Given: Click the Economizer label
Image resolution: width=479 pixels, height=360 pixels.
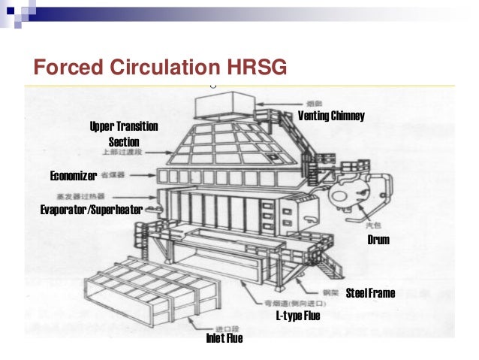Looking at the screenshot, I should click(73, 176).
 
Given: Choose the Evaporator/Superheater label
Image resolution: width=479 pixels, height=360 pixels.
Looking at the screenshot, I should click(91, 210).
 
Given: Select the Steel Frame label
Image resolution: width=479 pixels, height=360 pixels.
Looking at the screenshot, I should click(369, 292).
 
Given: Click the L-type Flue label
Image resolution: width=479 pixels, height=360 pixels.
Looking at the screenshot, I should click(298, 316).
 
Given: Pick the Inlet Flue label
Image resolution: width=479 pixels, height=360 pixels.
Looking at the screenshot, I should click(224, 339).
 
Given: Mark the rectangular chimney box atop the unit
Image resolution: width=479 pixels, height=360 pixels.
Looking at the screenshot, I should click(223, 104).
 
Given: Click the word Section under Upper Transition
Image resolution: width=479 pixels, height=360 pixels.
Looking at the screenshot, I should click(124, 141).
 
